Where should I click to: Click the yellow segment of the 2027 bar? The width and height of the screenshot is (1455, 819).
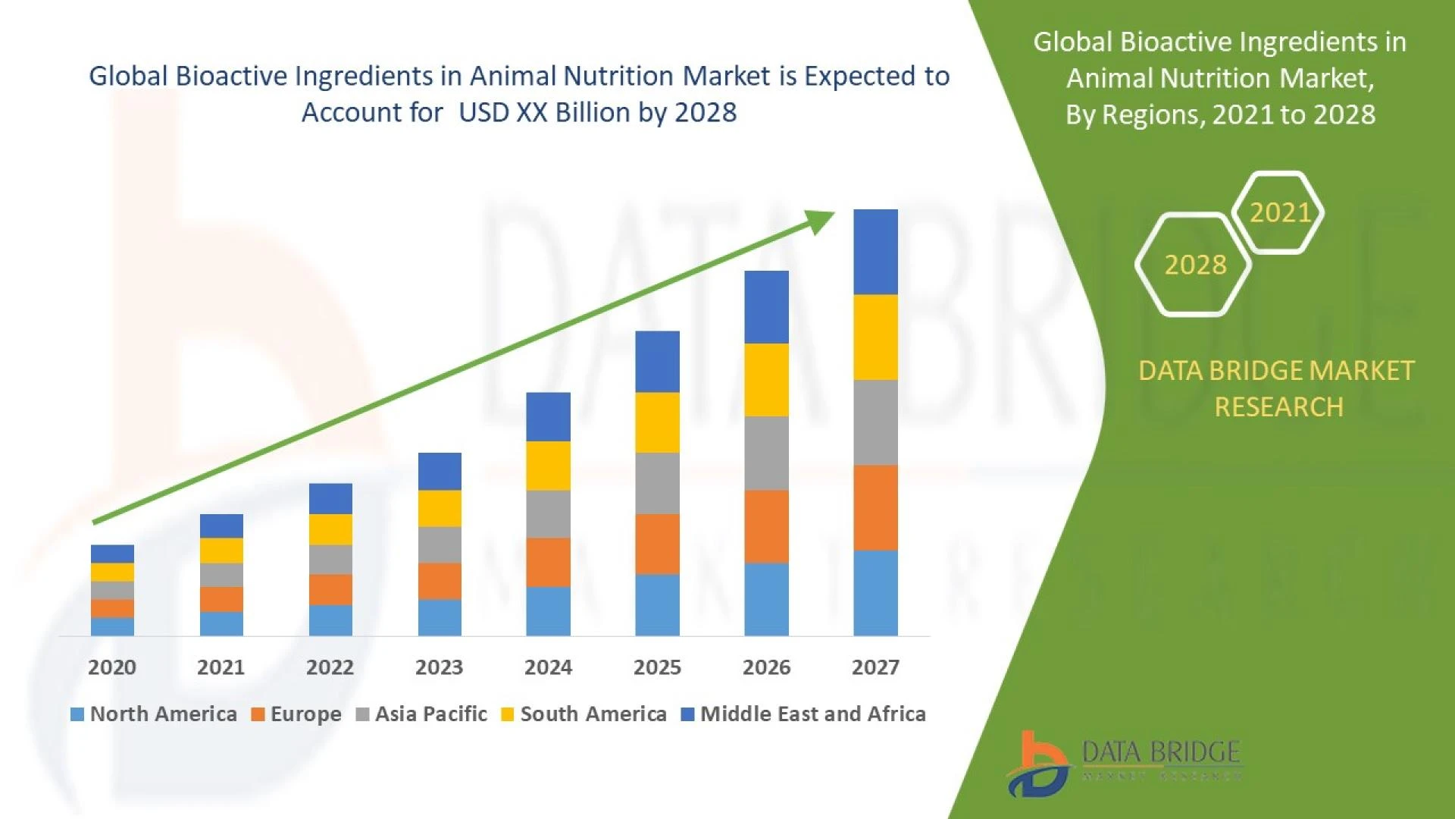875,337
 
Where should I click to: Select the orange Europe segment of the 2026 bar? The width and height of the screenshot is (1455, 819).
766,526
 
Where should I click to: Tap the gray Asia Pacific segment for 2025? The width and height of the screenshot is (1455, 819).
657,483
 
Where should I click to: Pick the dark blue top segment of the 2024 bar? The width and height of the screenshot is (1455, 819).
548,416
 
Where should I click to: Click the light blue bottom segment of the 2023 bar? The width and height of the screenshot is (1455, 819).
440,617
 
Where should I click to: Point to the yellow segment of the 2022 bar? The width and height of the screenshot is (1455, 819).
330,529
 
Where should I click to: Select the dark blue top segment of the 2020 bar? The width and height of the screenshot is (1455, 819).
112,554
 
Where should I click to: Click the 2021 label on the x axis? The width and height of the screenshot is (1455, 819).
221,667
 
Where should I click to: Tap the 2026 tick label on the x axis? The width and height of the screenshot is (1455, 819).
766,667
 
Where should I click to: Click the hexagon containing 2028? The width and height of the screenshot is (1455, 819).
1195,265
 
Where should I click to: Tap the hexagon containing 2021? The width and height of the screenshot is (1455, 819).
1279,212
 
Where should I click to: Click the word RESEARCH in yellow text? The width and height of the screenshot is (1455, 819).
1278,407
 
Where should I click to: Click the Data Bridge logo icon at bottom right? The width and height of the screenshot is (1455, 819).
1038,764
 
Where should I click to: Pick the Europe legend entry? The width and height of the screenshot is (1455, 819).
296,714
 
